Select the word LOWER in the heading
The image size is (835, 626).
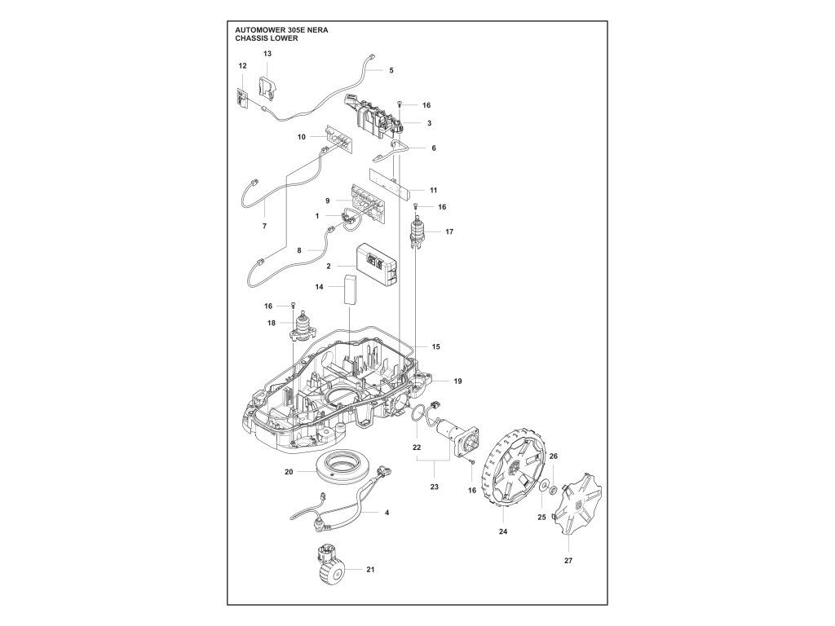284,38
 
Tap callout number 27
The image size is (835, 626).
568,560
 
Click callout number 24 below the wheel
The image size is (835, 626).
503,531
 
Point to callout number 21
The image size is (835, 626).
370,569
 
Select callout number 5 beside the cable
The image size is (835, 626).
391,70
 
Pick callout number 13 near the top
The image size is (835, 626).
267,53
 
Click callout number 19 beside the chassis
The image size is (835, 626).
457,381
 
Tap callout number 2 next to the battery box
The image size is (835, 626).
329,267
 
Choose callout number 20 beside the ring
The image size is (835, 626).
288,472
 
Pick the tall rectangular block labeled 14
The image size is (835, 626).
350,289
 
